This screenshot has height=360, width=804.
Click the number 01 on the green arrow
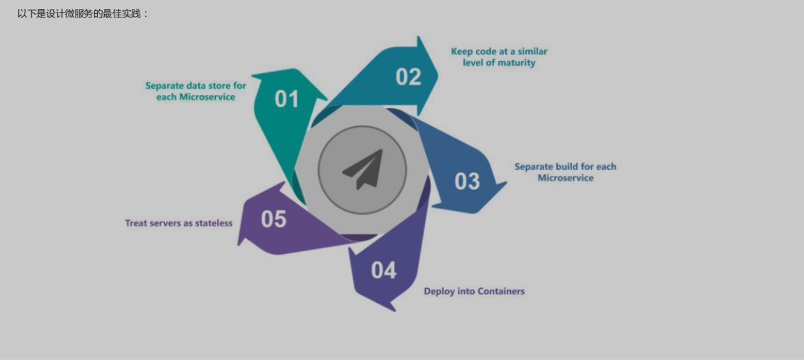(286, 99)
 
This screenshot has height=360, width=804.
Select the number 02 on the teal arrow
(408, 77)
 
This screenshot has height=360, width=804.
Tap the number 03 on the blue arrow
(467, 181)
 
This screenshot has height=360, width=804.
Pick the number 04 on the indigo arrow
(383, 270)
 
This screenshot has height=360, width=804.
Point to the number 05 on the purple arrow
(274, 219)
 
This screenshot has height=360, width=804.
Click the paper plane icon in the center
(363, 169)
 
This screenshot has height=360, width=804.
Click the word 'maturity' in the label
(517, 63)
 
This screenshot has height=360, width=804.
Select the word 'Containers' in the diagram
(500, 291)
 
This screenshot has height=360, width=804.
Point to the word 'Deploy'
(439, 291)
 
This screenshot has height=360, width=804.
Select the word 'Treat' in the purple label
(136, 223)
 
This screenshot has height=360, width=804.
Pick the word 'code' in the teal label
(486, 52)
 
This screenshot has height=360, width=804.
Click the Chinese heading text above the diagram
(83, 13)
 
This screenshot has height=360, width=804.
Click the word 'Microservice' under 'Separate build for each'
(565, 178)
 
